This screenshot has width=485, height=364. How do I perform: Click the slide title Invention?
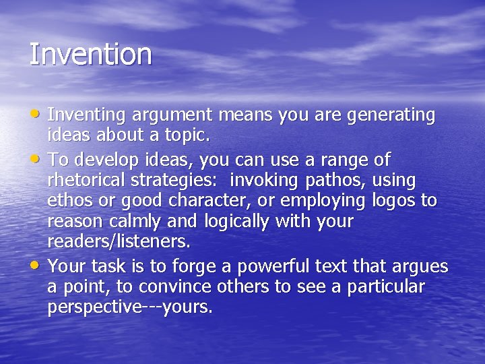90,55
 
